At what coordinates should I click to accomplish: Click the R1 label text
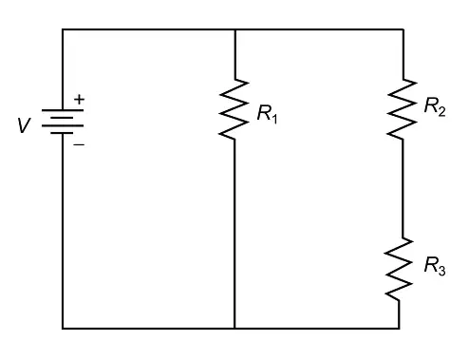pos(268,114)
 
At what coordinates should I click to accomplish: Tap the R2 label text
pos(435,106)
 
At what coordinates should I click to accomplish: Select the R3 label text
pos(435,266)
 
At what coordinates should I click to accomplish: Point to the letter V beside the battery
pos(24,125)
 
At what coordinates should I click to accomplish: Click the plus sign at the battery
pos(79,100)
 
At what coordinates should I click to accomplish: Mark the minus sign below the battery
pos(79,144)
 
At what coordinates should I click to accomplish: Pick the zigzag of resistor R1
pos(234,109)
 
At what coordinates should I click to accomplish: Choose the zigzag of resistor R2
pos(403,109)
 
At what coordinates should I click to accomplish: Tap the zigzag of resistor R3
pos(399,269)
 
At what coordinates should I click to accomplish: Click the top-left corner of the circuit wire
pos(63,29)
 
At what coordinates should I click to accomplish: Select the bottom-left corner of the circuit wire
pos(63,329)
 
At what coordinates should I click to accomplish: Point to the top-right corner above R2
pos(403,29)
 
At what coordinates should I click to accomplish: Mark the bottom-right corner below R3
pos(399,329)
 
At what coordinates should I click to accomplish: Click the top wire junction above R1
pos(235,29)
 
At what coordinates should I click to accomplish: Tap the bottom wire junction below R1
pos(234,329)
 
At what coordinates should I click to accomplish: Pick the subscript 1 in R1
pos(274,119)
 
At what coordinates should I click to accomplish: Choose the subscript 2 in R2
pos(441,111)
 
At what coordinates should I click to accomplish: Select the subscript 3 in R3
pos(441,271)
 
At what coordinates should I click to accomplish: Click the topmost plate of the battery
pos(63,110)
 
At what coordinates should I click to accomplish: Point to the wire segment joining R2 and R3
pos(403,188)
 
